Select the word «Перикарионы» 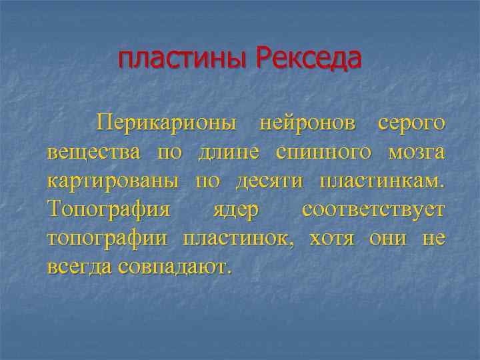click(x=166, y=123)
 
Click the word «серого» click(x=411, y=123)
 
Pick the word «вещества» click(x=94, y=152)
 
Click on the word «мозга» click(x=416, y=152)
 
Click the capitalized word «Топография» click(x=109, y=210)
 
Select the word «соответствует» click(x=373, y=210)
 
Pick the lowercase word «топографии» click(x=109, y=239)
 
